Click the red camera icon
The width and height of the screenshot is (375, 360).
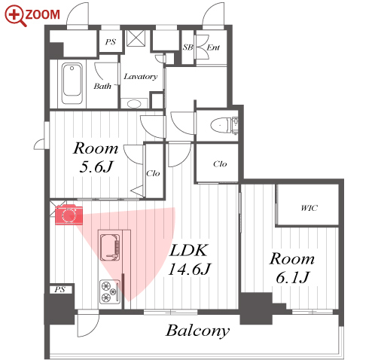69,215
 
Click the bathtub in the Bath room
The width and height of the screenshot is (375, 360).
72,84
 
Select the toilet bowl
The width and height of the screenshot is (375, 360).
221,125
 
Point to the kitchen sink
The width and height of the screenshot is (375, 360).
110,247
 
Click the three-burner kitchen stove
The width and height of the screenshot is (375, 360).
110,291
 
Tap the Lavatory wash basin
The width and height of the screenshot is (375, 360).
134,104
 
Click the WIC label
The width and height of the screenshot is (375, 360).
309,208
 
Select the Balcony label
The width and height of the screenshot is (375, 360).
198,331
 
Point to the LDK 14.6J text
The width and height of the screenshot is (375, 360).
190,260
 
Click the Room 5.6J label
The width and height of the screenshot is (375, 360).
96,157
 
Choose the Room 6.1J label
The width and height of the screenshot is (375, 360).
292,268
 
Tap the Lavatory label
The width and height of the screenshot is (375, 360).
141,76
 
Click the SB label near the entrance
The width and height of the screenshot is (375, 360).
187,47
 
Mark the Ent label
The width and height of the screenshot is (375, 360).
213,47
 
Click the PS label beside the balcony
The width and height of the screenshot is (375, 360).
60,289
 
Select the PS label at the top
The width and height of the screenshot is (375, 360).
111,41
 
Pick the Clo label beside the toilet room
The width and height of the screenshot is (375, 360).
220,164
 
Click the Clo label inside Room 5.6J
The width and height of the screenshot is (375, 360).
153,173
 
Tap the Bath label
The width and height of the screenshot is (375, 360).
102,86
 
